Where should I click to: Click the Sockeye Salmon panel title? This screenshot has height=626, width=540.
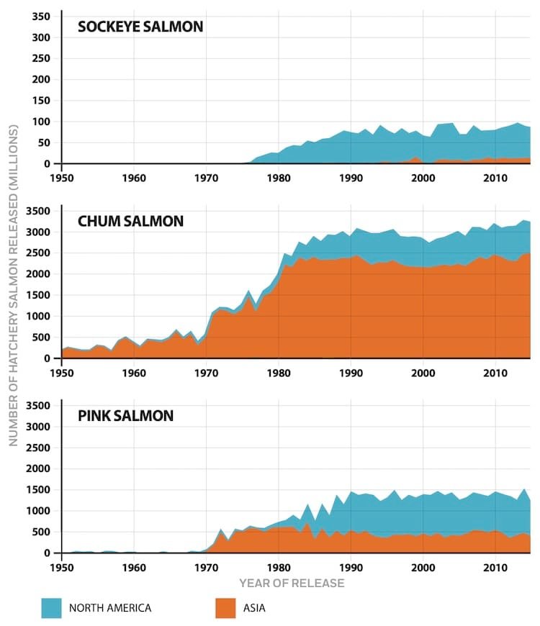pyautogui.click(x=140, y=27)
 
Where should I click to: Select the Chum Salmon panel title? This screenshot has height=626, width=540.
pyautogui.click(x=130, y=222)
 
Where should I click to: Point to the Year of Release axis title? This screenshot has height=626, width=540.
pyautogui.click(x=292, y=582)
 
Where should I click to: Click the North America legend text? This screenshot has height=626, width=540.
pyautogui.click(x=110, y=608)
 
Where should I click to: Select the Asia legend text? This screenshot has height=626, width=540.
pyautogui.click(x=254, y=608)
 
